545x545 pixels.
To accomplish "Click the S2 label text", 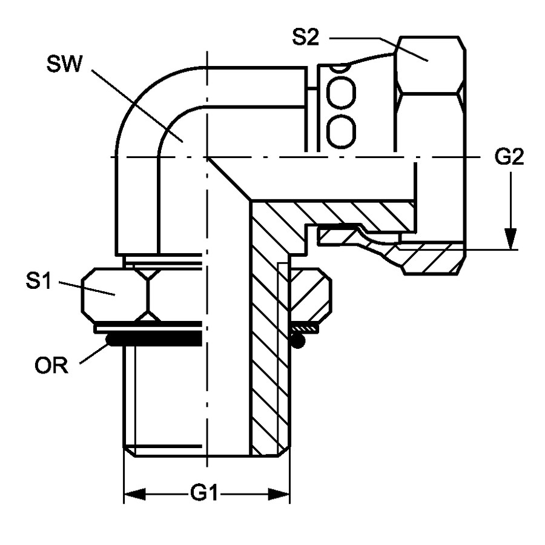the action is tap(306, 37).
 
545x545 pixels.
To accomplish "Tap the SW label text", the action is tap(64, 64).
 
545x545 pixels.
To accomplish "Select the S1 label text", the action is tap(38, 281).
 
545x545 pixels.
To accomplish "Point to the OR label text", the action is tap(51, 365).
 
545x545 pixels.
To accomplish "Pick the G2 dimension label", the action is tap(509, 157).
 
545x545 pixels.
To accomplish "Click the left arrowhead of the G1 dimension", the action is tap(134, 494).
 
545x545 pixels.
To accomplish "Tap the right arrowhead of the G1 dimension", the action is tap(279, 494).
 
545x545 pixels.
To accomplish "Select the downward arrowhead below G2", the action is tap(510, 239).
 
